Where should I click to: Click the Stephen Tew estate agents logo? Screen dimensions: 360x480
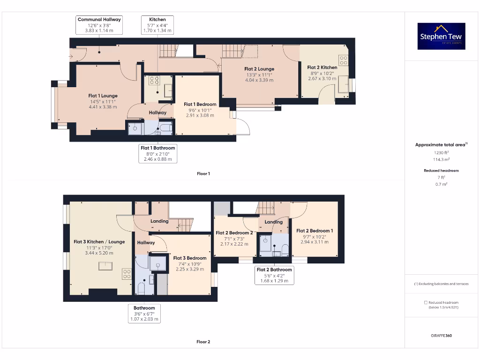tap(441, 36)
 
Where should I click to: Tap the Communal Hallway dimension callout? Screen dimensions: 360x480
tap(99, 25)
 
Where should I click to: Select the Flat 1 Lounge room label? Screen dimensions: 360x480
tap(103, 96)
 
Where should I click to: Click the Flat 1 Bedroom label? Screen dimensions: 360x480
tap(200, 105)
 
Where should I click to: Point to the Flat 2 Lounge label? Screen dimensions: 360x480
tap(259, 69)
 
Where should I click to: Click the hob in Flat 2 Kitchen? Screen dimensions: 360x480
tap(344, 60)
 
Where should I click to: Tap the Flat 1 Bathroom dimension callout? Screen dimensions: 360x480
tap(158, 154)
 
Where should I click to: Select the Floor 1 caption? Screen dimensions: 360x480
tap(203, 173)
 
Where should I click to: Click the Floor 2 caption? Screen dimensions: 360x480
tap(203, 342)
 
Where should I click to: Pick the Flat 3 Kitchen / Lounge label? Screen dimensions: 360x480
tap(99, 242)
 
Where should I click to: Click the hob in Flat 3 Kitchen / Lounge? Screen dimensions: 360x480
tap(127, 274)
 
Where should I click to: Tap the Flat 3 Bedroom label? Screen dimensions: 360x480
tap(190, 258)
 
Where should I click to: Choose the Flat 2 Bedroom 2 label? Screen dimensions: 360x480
tap(234, 232)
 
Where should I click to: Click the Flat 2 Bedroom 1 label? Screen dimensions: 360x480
tap(315, 231)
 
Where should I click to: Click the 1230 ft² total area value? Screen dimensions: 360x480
tap(441, 153)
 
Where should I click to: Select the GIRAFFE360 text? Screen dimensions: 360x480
tap(441, 336)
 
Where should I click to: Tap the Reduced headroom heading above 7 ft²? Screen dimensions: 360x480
tap(441, 171)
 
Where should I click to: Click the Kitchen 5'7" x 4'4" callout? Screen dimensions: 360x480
tap(157, 25)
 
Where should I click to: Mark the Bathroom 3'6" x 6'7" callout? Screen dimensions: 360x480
tap(144, 314)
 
